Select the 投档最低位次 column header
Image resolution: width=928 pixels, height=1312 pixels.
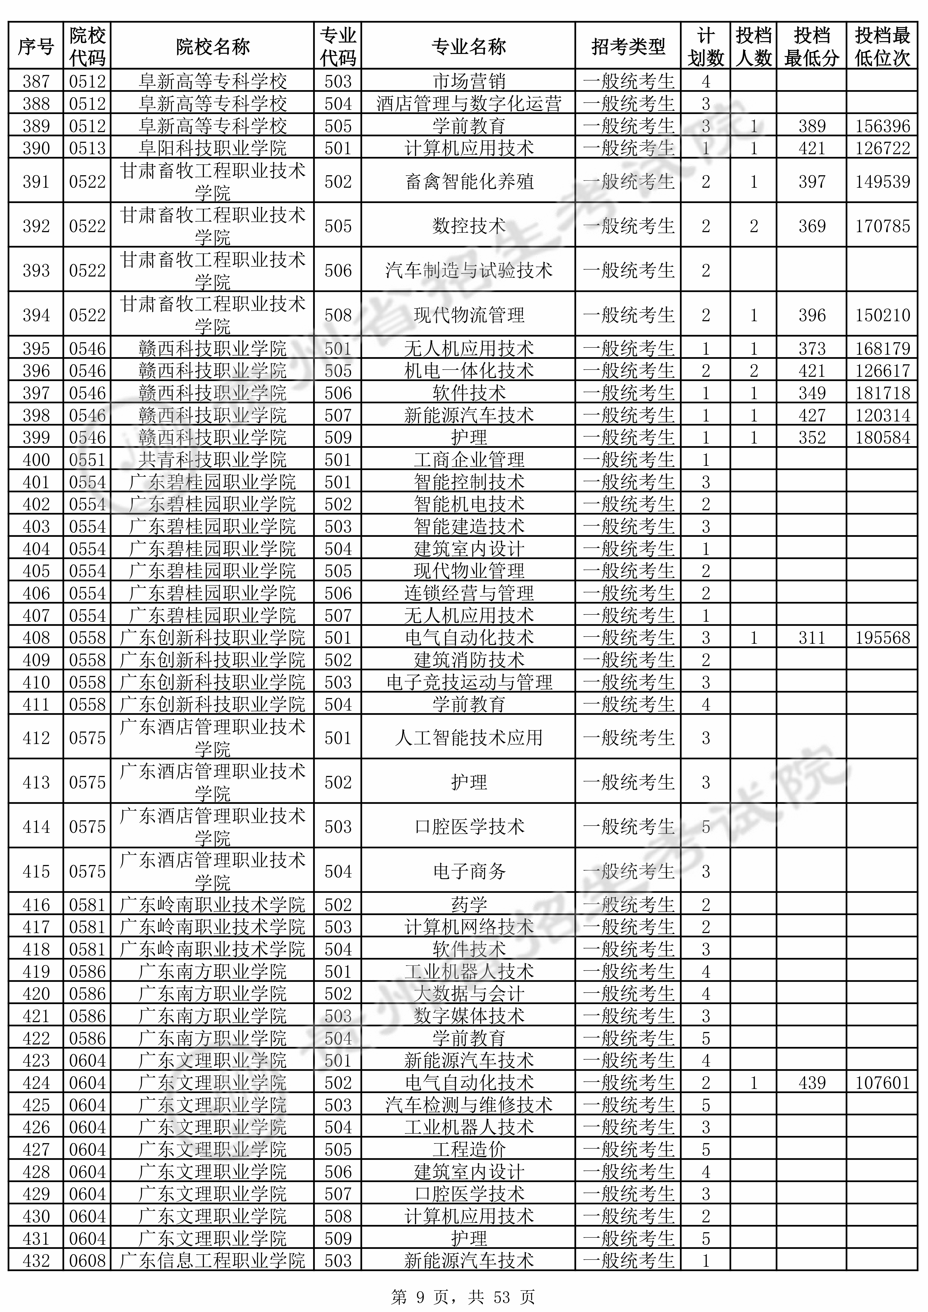(x=882, y=46)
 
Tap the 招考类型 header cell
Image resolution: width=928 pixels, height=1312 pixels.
(x=628, y=46)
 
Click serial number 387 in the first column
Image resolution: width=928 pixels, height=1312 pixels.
(x=36, y=81)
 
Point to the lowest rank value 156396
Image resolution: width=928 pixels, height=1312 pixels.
(x=882, y=126)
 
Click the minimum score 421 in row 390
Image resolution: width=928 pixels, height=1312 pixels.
(x=811, y=148)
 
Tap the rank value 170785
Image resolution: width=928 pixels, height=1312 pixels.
(x=882, y=226)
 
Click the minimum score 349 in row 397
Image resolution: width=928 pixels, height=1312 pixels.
(x=811, y=393)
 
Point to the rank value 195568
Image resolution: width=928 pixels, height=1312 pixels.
(x=882, y=637)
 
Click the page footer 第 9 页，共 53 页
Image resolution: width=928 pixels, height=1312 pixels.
(x=463, y=1293)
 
